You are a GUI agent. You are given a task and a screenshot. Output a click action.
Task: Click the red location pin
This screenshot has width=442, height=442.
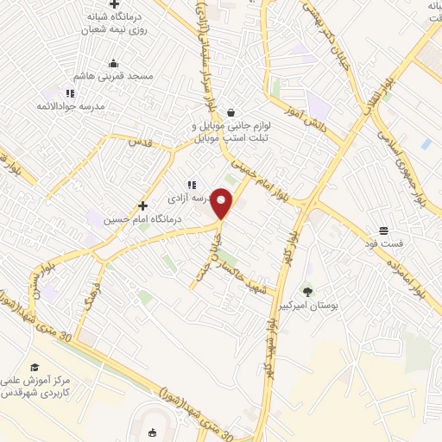223,203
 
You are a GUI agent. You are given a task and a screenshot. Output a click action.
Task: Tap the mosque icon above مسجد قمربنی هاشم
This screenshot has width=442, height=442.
113,63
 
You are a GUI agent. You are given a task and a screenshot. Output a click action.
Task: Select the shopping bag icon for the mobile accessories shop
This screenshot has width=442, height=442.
230,112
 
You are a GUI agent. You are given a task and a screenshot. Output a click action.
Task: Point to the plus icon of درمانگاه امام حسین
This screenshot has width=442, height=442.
143,206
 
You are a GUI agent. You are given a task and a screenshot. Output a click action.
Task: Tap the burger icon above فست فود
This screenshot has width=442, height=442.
383,230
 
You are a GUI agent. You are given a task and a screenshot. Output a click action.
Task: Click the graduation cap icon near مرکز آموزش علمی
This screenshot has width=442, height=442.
35,367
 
